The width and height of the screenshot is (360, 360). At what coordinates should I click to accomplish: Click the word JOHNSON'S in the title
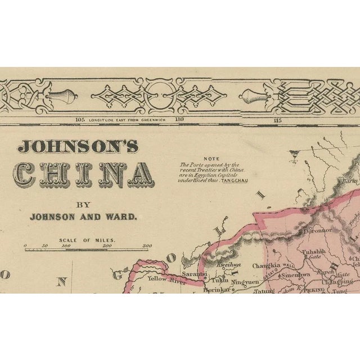point(78,146)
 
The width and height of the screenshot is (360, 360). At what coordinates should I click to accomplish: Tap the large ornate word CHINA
point(83,175)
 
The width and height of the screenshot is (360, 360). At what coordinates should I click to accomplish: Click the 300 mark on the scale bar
point(147,246)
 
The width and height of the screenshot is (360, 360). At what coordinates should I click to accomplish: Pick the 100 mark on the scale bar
point(66,246)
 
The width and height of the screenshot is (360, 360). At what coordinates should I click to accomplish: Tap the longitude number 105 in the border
point(79,120)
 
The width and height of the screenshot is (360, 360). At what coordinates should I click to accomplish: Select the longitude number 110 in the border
point(179,120)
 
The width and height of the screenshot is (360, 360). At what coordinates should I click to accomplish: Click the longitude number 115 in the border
point(277,120)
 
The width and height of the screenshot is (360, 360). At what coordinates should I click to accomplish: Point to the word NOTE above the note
point(211,159)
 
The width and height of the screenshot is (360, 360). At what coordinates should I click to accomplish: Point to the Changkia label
point(266,265)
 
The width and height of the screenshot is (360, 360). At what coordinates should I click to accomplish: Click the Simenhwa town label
point(295,275)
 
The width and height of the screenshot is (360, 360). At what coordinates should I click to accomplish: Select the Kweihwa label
point(228,264)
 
